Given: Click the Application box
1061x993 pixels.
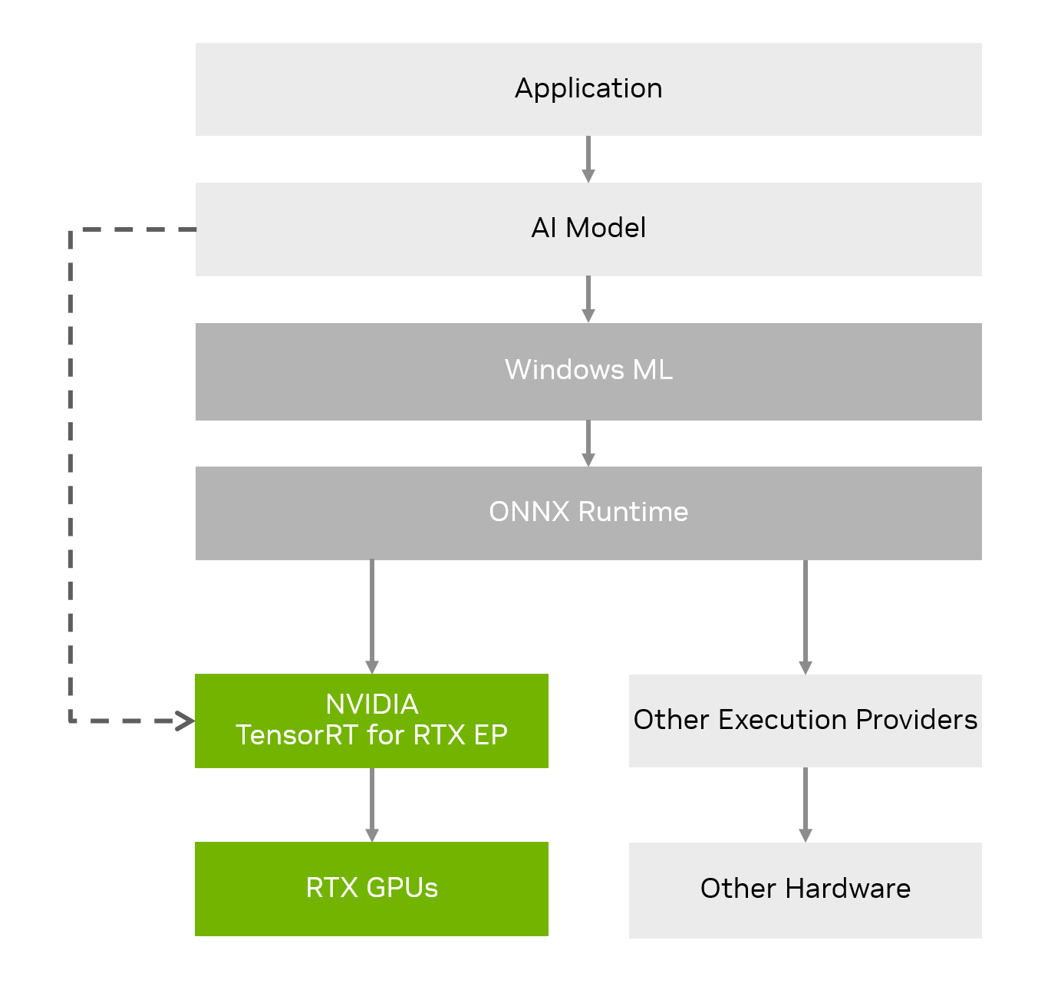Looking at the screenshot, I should pyautogui.click(x=588, y=89).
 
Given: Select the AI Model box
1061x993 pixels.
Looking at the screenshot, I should pyautogui.click(x=588, y=229).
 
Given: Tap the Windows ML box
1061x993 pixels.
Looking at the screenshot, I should pyautogui.click(x=588, y=371).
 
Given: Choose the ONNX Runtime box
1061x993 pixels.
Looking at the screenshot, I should pyautogui.click(x=588, y=513).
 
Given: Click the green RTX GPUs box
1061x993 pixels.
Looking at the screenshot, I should pyautogui.click(x=371, y=889).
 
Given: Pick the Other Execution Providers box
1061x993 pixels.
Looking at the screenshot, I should pyautogui.click(x=805, y=721).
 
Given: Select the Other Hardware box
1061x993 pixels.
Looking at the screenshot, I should pyautogui.click(x=805, y=889).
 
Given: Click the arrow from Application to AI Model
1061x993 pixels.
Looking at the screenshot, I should pyautogui.click(x=588, y=159).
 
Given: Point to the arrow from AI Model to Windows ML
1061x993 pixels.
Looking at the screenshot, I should pyautogui.click(x=588, y=299).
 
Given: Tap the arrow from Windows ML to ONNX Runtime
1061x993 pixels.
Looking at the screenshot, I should pyautogui.click(x=588, y=443).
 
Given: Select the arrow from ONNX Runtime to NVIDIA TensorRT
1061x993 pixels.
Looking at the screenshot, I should pyautogui.click(x=372, y=616).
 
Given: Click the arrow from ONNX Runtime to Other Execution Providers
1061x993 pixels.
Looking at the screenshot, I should pyautogui.click(x=805, y=616).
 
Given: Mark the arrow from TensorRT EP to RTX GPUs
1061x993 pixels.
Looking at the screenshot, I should pyautogui.click(x=372, y=804).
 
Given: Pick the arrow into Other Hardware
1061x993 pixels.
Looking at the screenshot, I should pyautogui.click(x=805, y=804).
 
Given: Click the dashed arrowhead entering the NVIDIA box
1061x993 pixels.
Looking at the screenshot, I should pyautogui.click(x=185, y=721).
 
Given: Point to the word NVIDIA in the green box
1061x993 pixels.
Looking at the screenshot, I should pyautogui.click(x=372, y=704).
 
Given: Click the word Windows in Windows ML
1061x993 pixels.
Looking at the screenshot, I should pyautogui.click(x=564, y=370).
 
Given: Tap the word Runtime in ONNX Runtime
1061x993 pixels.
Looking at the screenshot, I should pyautogui.click(x=633, y=512).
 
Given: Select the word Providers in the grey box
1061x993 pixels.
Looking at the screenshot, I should pyautogui.click(x=917, y=720).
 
